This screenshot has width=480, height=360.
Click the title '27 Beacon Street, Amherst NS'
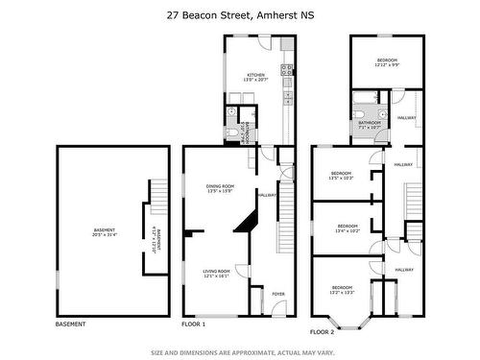(x=239, y=15)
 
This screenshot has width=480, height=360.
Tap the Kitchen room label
(x=255, y=77)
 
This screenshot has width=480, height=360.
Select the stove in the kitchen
(x=286, y=69)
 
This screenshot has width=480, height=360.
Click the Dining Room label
(x=221, y=188)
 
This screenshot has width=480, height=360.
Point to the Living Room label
(x=215, y=274)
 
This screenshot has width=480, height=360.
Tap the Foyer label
(x=278, y=294)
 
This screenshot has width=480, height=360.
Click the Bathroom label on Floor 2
(x=371, y=124)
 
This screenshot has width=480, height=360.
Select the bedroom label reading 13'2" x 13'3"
(x=344, y=290)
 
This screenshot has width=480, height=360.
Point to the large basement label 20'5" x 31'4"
(x=104, y=232)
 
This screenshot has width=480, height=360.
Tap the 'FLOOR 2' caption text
(x=322, y=331)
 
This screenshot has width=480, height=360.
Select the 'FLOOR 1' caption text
(x=196, y=324)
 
